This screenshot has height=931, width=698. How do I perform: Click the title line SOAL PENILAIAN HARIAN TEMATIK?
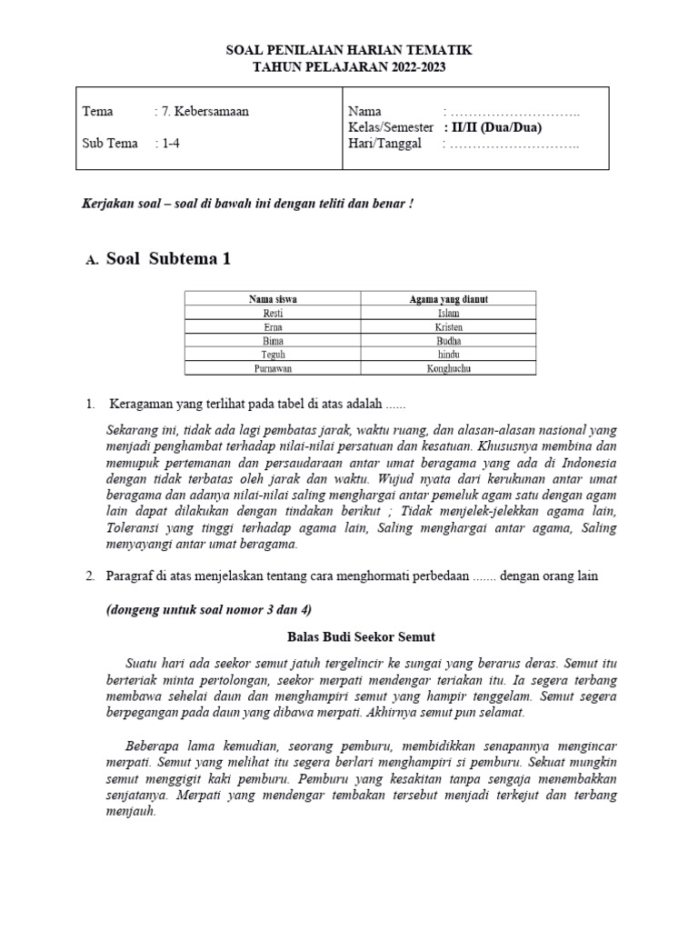349,51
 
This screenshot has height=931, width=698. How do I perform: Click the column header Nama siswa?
273,298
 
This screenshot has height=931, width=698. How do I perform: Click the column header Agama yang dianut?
448,298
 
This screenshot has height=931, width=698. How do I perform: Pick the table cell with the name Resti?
273,312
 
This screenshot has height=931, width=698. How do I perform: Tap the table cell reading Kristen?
448,325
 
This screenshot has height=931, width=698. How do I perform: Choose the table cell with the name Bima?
273,340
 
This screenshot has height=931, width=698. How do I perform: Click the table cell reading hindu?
448,354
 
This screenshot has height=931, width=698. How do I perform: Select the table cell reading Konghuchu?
448,368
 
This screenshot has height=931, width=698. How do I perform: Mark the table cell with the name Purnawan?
273,368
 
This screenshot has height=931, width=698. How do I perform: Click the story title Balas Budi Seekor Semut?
349,638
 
